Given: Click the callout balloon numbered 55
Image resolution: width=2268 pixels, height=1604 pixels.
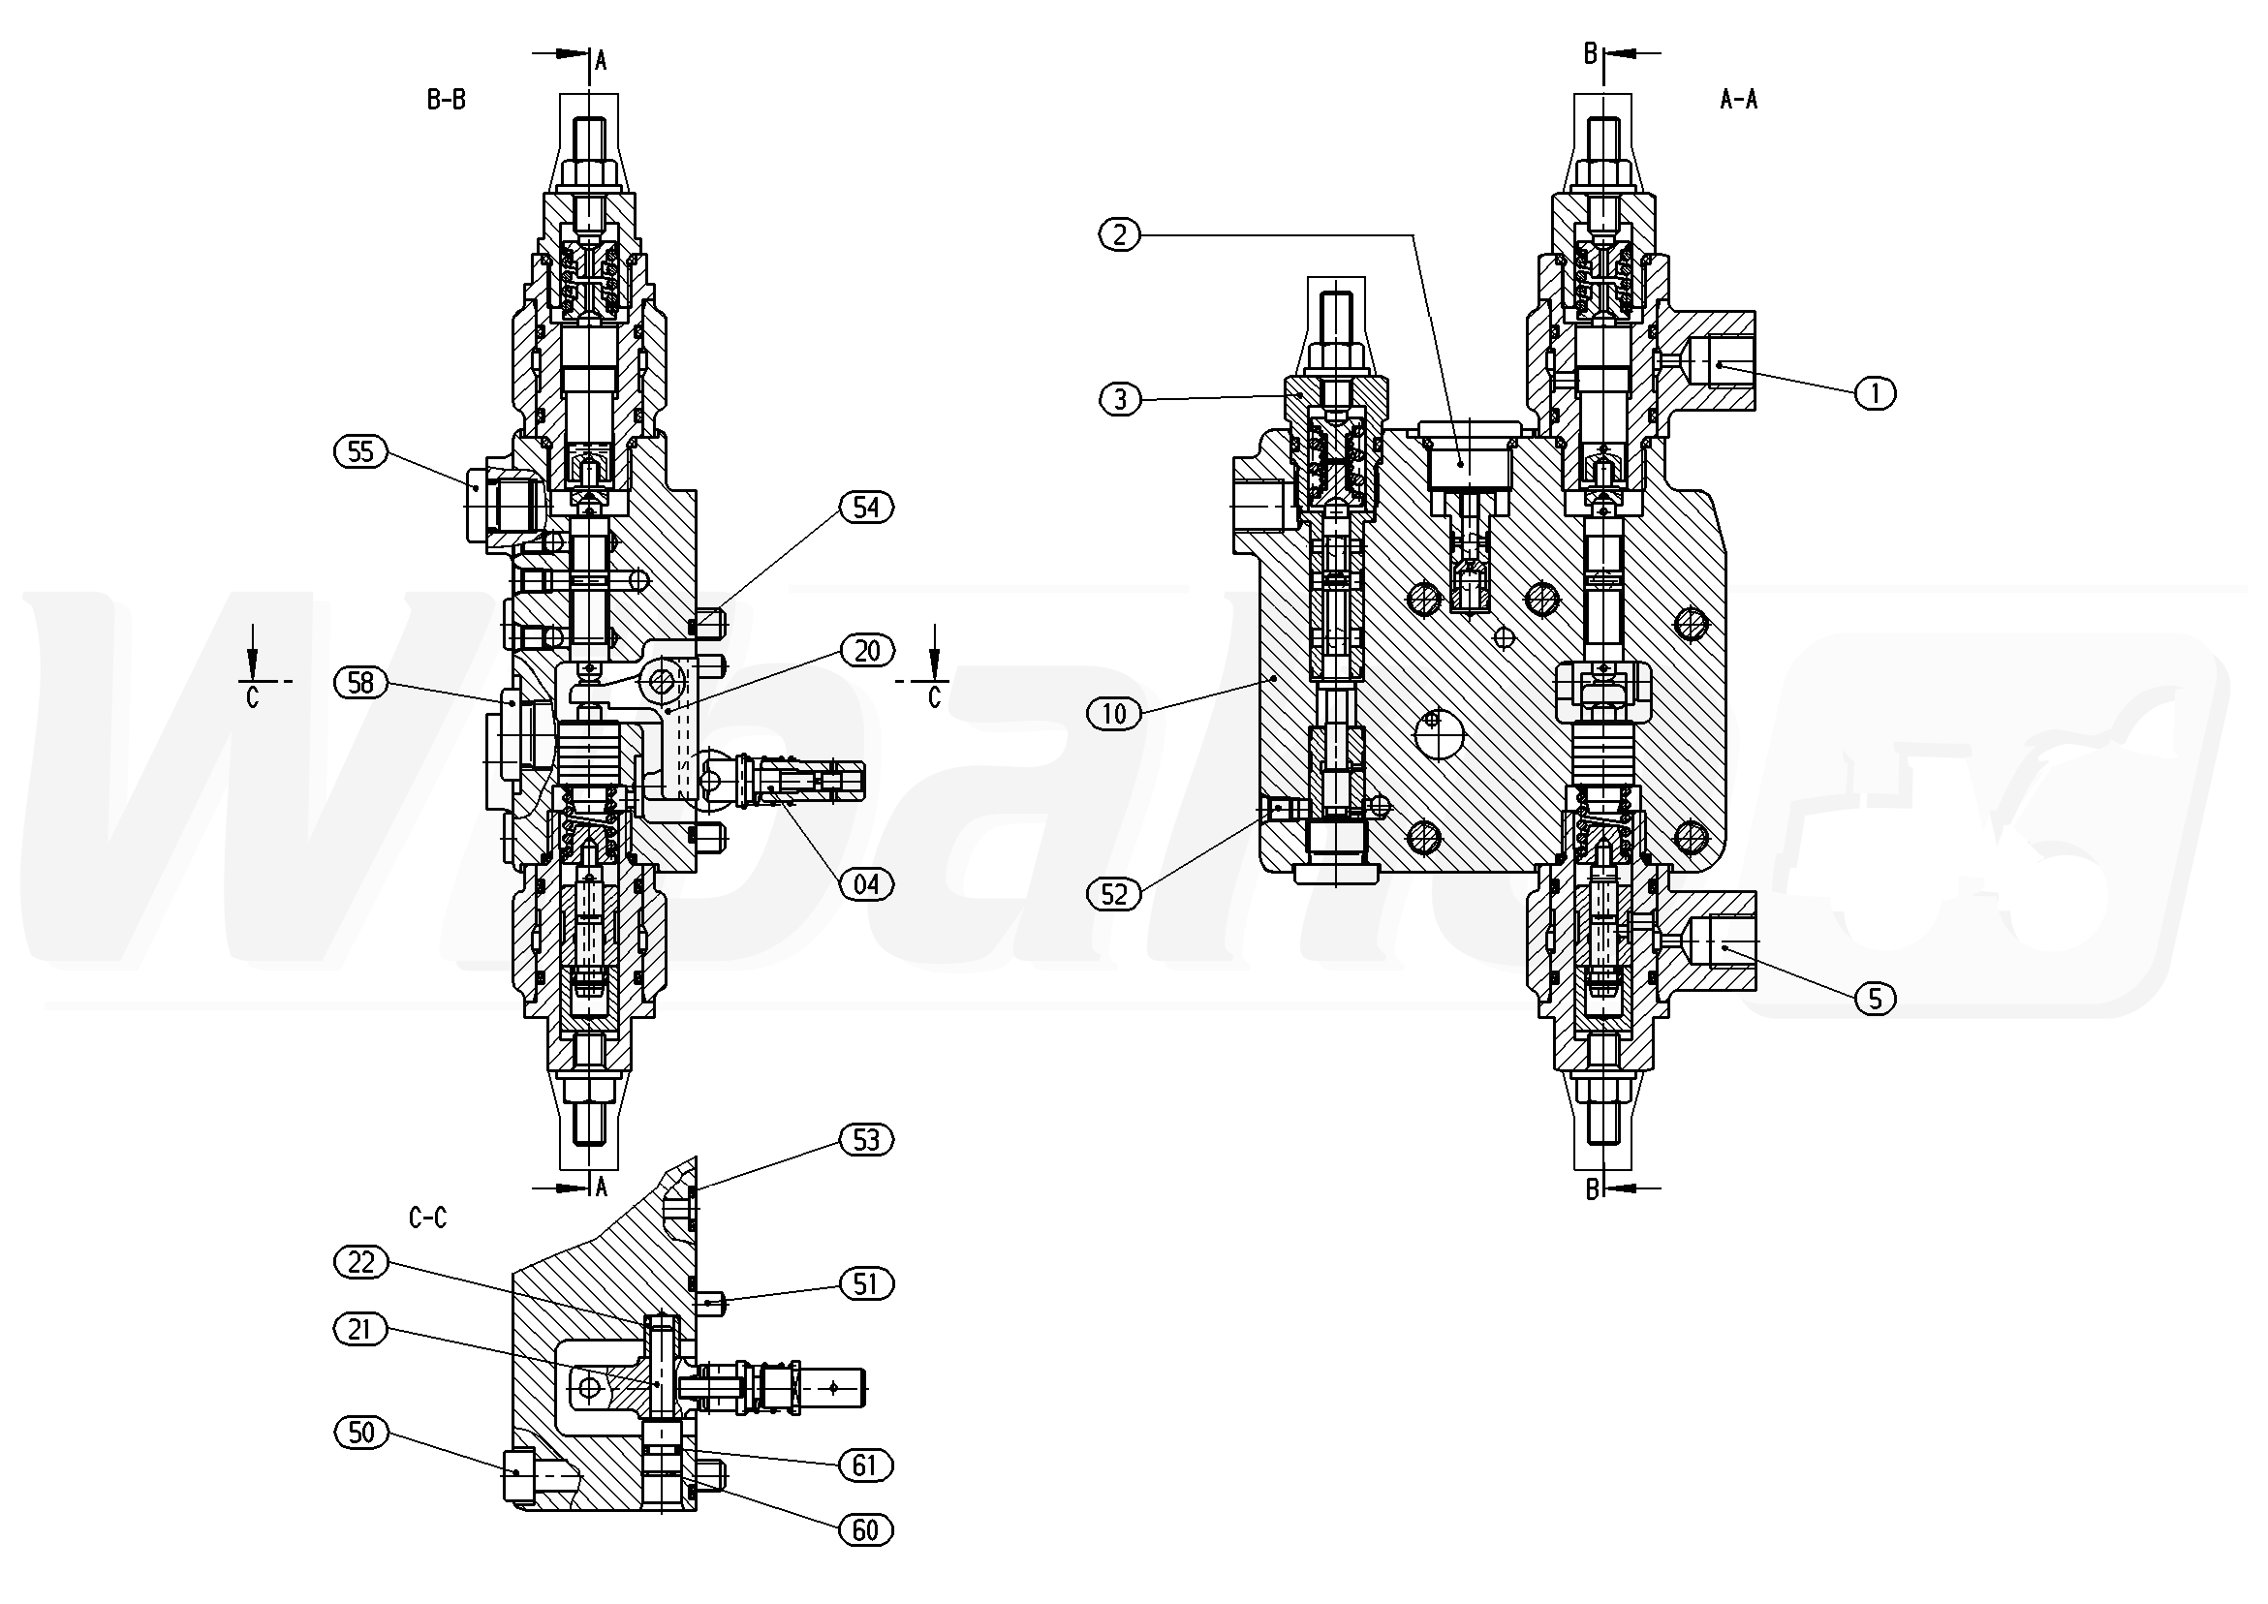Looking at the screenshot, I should click(360, 451).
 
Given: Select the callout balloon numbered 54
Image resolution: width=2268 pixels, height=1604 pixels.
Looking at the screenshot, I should click(865, 508).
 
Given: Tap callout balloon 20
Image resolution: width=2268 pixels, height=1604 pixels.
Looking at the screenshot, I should click(866, 651).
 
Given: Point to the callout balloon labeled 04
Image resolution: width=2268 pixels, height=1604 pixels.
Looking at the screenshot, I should click(865, 883).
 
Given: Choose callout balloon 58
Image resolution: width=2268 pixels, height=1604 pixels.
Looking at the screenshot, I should click(360, 683).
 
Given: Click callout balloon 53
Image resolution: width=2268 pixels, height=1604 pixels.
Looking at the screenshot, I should click(865, 1140).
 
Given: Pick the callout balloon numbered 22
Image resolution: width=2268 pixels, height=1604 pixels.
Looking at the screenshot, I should click(360, 1262).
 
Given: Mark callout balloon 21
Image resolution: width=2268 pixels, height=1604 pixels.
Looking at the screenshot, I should click(360, 1330).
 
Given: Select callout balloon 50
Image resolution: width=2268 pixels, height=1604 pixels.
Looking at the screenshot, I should click(360, 1433).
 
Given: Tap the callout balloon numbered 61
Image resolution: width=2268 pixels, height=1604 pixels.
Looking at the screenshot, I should click(865, 1465).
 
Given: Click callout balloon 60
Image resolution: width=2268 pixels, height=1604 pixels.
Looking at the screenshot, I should click(865, 1530).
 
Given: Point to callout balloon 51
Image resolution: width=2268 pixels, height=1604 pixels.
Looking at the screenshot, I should click(865, 1284).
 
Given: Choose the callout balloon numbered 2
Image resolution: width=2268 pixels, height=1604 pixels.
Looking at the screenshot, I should click(1119, 234).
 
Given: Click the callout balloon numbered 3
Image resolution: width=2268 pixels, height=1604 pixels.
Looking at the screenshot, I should click(1119, 399).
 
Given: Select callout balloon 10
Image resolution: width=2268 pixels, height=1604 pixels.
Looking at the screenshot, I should click(1113, 713).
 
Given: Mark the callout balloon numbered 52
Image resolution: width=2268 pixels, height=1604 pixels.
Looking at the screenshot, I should click(1113, 894).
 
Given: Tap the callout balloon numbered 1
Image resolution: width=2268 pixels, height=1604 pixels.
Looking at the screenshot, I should click(1875, 393).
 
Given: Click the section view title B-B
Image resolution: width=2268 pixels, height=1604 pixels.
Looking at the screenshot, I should click(446, 100).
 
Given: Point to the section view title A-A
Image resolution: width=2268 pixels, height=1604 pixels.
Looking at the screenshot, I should click(1738, 100).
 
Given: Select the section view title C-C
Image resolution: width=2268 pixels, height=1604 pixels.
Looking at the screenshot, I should click(427, 1218).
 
